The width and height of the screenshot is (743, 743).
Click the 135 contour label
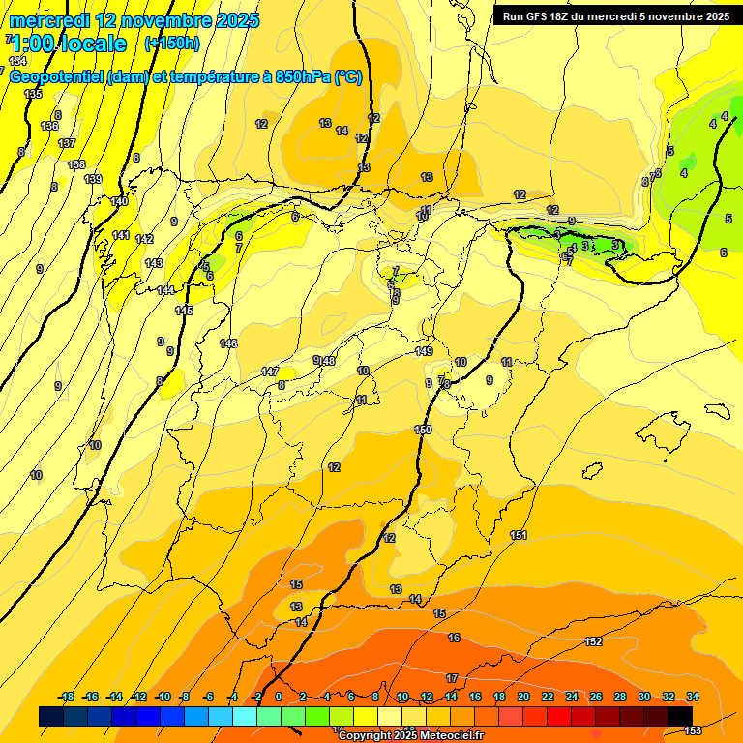tap(34, 94)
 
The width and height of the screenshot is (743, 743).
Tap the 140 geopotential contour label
tap(119, 201)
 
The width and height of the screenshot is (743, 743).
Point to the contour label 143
tap(154, 263)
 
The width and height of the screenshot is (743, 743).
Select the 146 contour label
tap(228, 343)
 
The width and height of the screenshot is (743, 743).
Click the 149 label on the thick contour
tap(424, 351)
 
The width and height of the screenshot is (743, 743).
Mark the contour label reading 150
tap(423, 430)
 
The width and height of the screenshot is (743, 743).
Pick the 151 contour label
tap(519, 535)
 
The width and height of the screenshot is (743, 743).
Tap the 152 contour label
tap(593, 641)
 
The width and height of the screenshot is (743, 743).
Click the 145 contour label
tap(184, 311)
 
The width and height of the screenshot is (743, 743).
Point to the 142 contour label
tap(144, 239)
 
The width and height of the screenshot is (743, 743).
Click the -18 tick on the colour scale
tap(67, 697)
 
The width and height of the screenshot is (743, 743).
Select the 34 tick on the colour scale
tap(693, 697)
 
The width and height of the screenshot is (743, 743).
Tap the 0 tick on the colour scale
tap(279, 697)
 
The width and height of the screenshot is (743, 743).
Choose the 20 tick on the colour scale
tap(523, 697)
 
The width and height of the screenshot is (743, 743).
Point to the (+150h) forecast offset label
tap(171, 43)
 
